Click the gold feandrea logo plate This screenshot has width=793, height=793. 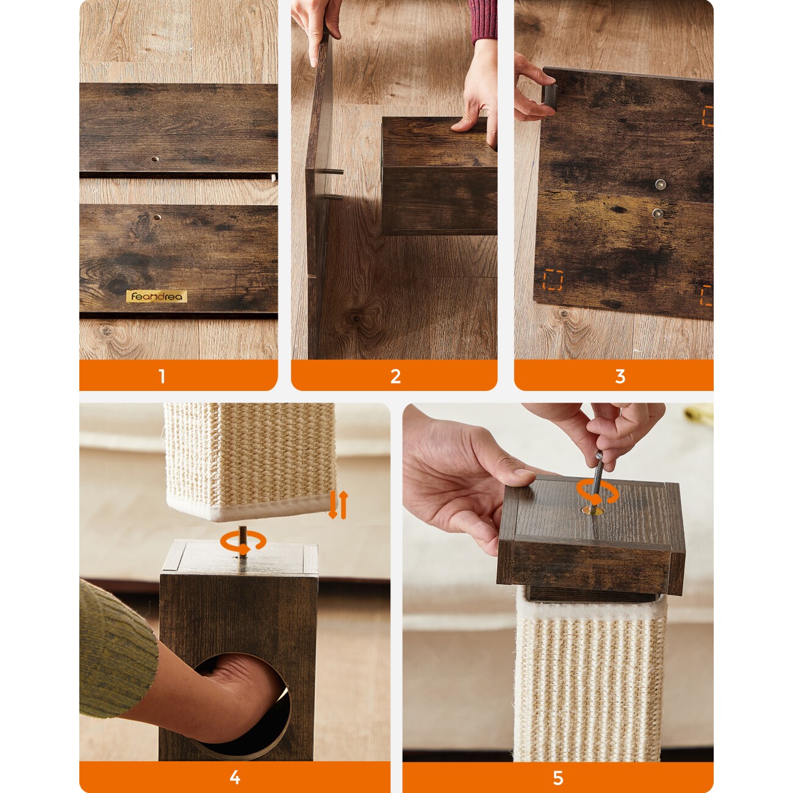(x=156, y=296)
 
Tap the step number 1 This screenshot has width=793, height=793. (x=162, y=376)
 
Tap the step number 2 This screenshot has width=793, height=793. (x=395, y=376)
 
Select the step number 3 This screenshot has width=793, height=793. (x=620, y=376)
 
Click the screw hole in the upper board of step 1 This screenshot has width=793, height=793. (x=155, y=159)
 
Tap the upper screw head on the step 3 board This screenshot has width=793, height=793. (x=661, y=184)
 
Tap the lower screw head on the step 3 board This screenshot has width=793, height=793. (x=658, y=213)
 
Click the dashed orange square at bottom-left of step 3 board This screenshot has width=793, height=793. (x=553, y=280)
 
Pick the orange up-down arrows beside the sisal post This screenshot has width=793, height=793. (x=339, y=504)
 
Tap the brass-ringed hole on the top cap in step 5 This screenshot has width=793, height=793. (x=591, y=511)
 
